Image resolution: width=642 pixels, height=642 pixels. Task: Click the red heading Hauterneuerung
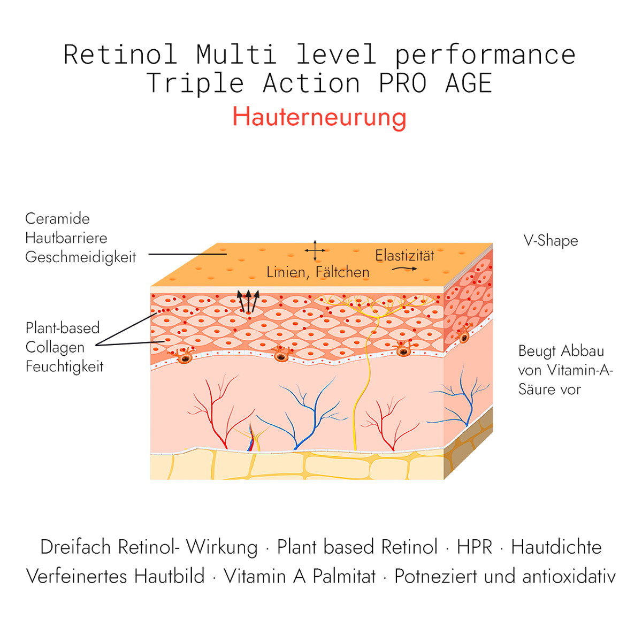coord(319,118)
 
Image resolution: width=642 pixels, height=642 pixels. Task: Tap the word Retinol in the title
coord(120,55)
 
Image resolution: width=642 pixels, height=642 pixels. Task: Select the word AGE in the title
coord(469,83)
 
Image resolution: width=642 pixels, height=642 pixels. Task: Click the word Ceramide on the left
coord(57,219)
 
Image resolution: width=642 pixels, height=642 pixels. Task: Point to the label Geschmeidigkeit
coord(81,257)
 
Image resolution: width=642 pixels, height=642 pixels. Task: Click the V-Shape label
coord(551,241)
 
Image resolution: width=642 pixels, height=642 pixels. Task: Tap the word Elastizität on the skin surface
coord(404,256)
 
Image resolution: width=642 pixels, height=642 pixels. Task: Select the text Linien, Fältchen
coord(318,272)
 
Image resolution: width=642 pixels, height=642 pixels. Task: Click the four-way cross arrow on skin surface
coord(315,250)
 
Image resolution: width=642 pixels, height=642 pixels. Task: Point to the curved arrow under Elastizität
coord(404,269)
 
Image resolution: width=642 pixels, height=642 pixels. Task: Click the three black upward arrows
coord(248,301)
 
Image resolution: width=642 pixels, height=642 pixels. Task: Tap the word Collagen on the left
coord(55,347)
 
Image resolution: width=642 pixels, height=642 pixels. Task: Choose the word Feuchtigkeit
coord(64,366)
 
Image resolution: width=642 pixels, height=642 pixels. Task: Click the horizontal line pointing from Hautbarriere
coord(188,254)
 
